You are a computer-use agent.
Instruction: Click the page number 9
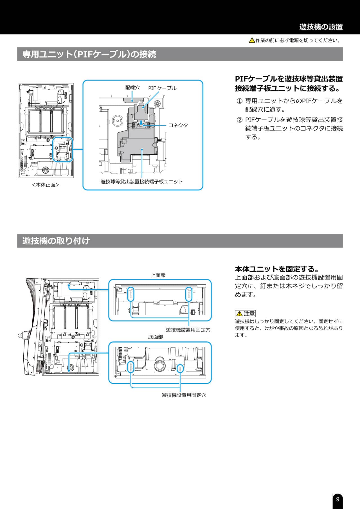click(x=337, y=499)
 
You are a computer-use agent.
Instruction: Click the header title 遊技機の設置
click(x=321, y=27)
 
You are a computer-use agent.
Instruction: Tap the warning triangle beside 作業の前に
click(x=252, y=40)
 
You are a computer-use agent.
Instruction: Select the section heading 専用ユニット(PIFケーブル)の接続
click(x=89, y=54)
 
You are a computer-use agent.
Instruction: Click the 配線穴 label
click(x=132, y=88)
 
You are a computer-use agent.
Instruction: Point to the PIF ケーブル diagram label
click(x=162, y=88)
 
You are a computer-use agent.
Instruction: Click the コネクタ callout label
click(x=178, y=125)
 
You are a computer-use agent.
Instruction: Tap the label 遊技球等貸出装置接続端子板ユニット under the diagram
click(x=142, y=182)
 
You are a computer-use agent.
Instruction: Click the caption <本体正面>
click(x=46, y=185)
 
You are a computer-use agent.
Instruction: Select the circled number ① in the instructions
click(x=239, y=101)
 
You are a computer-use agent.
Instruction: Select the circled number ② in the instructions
click(x=239, y=120)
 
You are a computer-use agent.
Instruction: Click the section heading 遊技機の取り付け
click(x=56, y=241)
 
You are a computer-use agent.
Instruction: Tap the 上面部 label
click(x=158, y=275)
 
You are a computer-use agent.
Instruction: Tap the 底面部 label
click(x=156, y=337)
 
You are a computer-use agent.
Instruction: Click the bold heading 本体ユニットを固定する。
click(x=277, y=269)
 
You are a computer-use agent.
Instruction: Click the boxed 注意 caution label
click(x=245, y=313)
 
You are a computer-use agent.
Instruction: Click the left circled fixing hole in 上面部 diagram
click(x=131, y=294)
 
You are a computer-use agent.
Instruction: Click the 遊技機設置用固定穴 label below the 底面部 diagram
click(x=184, y=395)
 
